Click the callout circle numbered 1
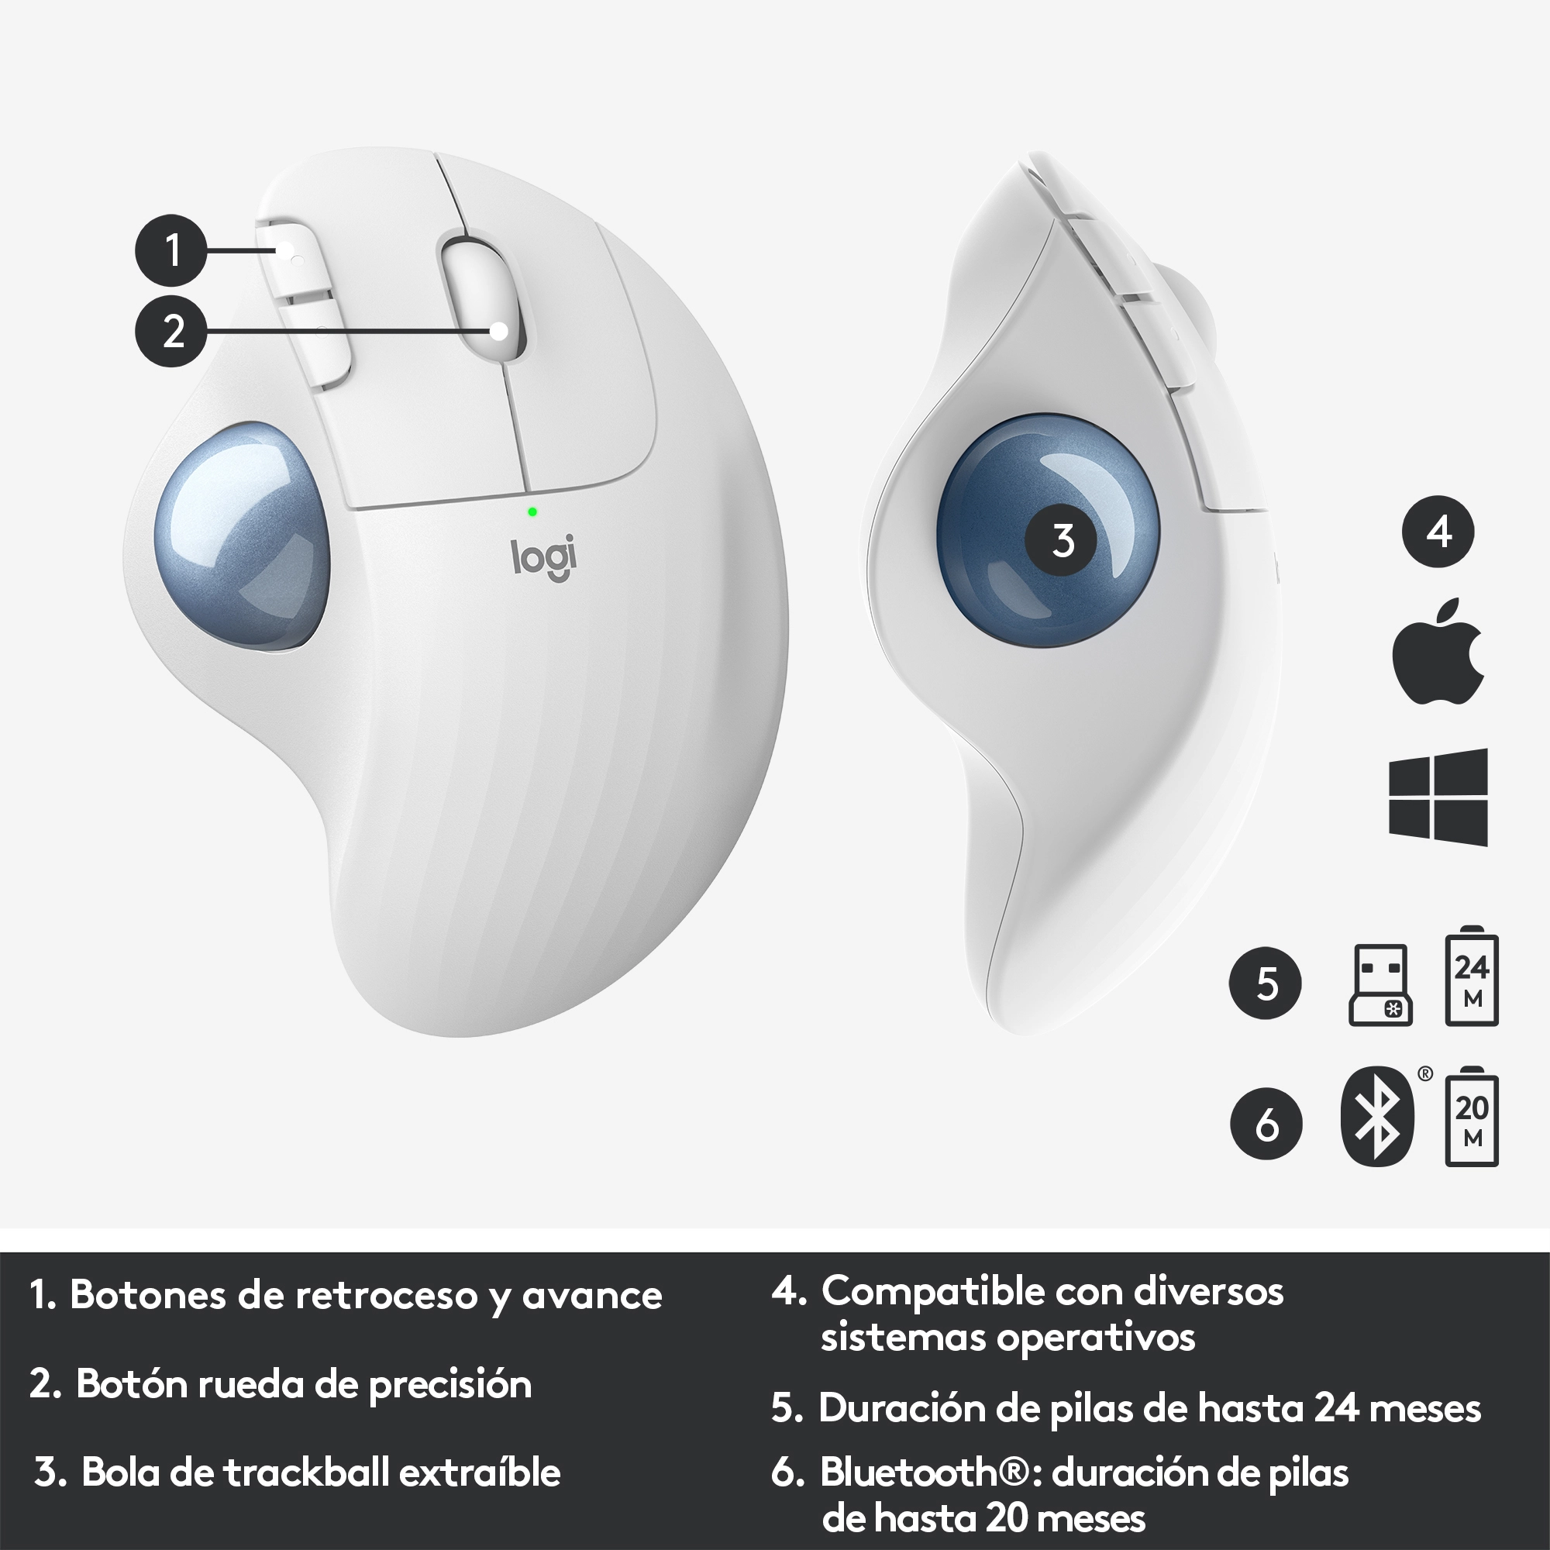170,250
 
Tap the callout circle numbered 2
170,332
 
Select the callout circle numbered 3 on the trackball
1063,541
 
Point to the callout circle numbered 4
1438,531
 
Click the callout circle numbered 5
1266,983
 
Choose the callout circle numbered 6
1266,1124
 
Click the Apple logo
1438,652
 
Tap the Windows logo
1438,797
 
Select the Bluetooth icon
1376,1116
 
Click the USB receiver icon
1381,984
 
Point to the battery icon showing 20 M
1472,1115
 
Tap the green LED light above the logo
532,511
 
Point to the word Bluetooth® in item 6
925,1472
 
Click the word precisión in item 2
450,1384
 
